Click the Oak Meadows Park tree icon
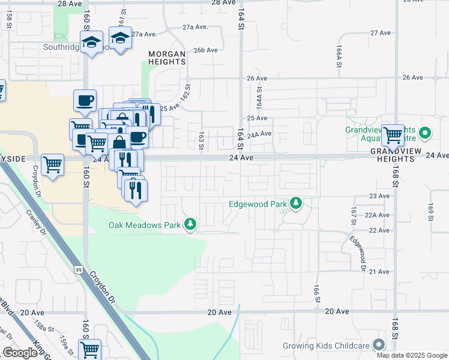[190, 224]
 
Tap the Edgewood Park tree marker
[295, 204]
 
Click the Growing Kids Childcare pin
[378, 345]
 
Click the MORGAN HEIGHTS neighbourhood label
[167, 57]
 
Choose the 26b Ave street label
[205, 50]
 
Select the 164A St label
[259, 97]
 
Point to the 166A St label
[339, 55]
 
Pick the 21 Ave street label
[379, 272]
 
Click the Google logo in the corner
[20, 352]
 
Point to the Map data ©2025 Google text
[412, 355]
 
